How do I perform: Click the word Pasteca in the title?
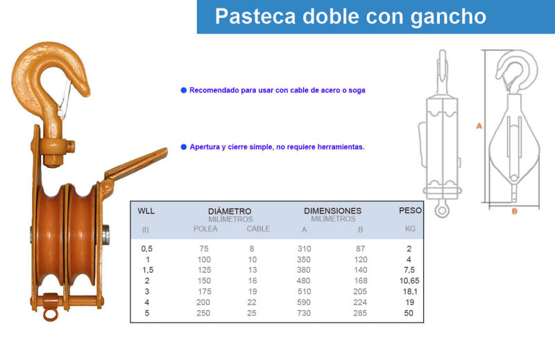(x=255, y=16)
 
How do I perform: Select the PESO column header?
(x=410, y=210)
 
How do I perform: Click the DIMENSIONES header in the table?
(x=333, y=211)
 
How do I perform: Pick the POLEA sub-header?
(x=205, y=229)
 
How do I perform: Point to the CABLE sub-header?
(x=258, y=229)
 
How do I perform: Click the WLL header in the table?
(x=146, y=211)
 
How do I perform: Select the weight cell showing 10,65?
(x=409, y=281)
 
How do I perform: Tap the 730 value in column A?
(x=304, y=313)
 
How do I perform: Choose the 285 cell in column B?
(x=360, y=313)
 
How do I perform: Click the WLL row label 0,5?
(x=147, y=248)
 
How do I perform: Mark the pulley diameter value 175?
(x=205, y=291)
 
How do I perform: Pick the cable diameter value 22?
(x=252, y=302)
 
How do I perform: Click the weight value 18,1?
(x=410, y=291)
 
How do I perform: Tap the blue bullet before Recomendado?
(x=184, y=90)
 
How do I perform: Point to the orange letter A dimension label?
(x=479, y=126)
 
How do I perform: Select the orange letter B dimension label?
(x=515, y=212)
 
